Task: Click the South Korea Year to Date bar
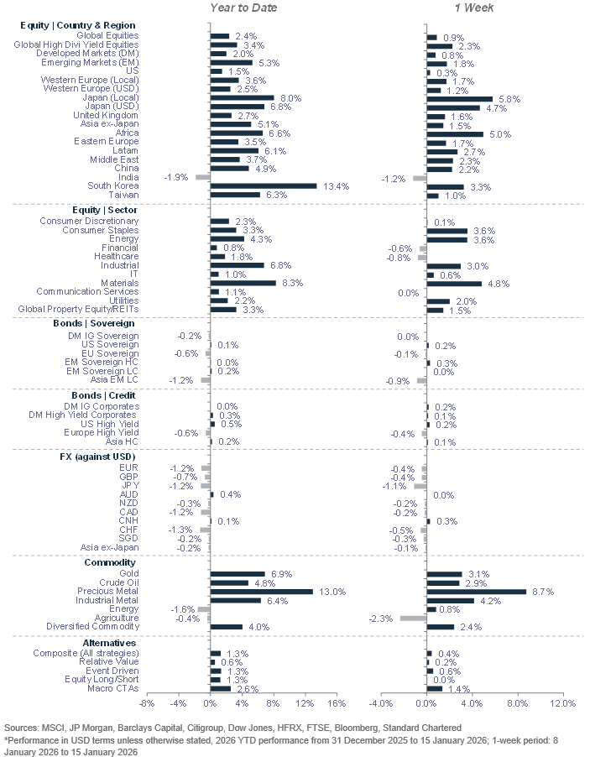[x=263, y=185]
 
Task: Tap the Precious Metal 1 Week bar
[x=476, y=592]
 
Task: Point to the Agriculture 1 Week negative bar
[x=413, y=618]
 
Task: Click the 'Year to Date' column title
[x=243, y=8]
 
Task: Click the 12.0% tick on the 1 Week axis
[x=562, y=702]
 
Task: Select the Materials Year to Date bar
[x=243, y=283]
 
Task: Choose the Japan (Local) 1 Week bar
[x=460, y=98]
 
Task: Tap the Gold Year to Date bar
[x=237, y=574]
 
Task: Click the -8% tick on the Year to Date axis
[x=146, y=702]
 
